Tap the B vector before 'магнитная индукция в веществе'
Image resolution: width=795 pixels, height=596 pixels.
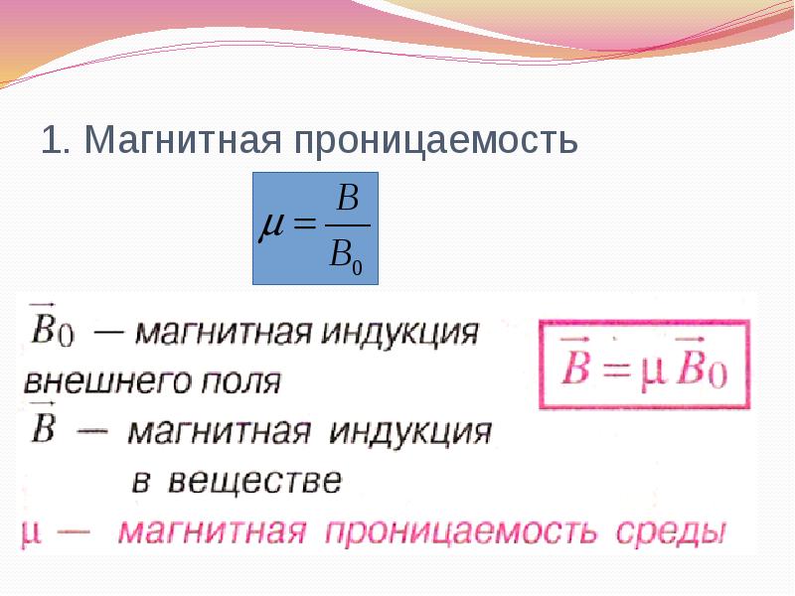click(x=45, y=429)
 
